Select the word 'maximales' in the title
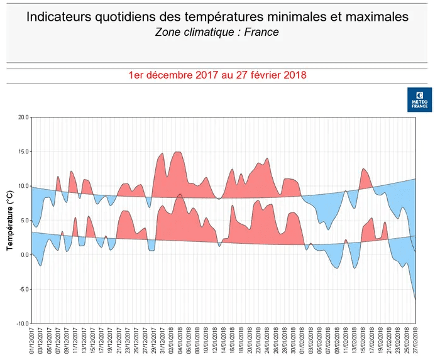tap(375, 17)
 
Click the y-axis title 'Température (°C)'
tap(10, 220)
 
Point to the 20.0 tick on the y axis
tap(23, 117)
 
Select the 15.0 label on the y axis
tap(23, 151)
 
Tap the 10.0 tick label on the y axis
tap(23, 186)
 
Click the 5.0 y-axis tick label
tap(25, 220)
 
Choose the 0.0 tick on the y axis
tap(25, 254)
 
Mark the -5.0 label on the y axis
tap(24, 289)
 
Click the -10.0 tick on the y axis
tap(23, 324)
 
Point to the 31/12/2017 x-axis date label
tap(162, 341)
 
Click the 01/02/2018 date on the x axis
tap(302, 341)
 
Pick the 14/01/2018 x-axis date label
tap(224, 341)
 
